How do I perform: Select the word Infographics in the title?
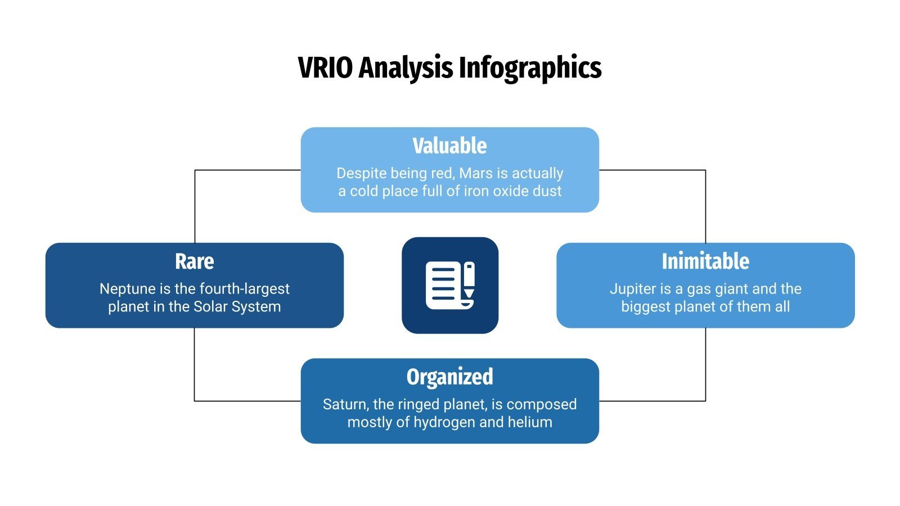[530, 69]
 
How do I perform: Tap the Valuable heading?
[449, 146]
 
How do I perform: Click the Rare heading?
[194, 261]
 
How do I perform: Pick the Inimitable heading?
[705, 261]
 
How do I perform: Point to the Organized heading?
[449, 377]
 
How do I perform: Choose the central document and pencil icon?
[449, 285]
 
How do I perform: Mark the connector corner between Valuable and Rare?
[195, 170]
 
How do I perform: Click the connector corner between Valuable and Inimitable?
[705, 170]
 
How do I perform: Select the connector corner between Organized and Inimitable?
[705, 401]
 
